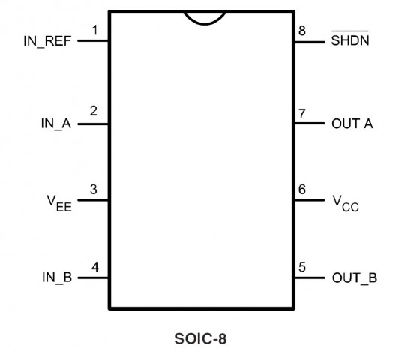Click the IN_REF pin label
pos(47,41)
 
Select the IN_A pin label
pos(56,124)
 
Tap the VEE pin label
pos(59,203)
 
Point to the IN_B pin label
pos(57,277)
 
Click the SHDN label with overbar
pos(350,39)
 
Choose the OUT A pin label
pos(352,124)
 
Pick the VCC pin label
pos(346,204)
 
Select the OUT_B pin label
pos(355,277)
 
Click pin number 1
pos(95,30)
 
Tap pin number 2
pos(94,111)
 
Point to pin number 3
pos(94,189)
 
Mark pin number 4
pos(95,267)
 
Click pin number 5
pos(302,267)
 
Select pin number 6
pos(302,189)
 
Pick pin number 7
pos(302,114)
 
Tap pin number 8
pos(302,31)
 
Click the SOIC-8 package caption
pos(200,338)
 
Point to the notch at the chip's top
pos(205,24)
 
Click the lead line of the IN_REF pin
pos(93,40)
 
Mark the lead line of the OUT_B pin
pos(310,277)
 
